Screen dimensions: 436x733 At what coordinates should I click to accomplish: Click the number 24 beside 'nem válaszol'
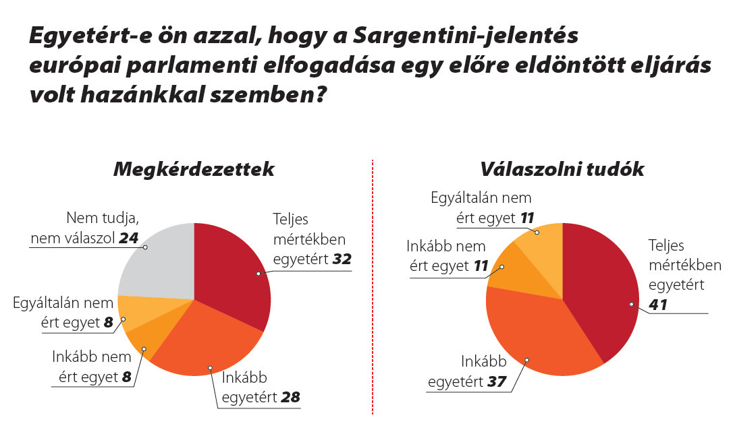click(x=128, y=238)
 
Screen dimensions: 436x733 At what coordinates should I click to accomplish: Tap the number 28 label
click(x=290, y=398)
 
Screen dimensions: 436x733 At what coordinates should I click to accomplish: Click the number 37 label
click(x=497, y=382)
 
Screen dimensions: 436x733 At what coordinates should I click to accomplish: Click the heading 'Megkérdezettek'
click(x=194, y=169)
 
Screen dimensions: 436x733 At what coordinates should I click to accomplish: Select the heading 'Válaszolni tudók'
click(x=562, y=169)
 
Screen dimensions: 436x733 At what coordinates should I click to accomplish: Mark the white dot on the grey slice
click(x=145, y=247)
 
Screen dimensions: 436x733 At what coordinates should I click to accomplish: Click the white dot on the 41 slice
click(x=632, y=304)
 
